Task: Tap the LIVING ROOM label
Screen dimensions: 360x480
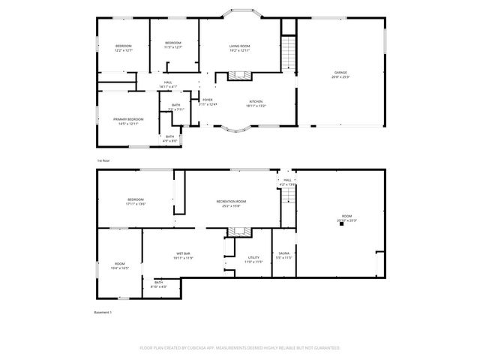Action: pos(239,46)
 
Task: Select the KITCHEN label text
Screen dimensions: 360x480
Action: pos(256,101)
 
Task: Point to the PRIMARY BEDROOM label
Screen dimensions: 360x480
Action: pos(129,119)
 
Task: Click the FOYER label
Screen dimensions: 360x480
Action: pos(207,100)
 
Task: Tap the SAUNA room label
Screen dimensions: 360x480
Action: pos(284,253)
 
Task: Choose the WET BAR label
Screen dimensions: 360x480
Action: pos(184,253)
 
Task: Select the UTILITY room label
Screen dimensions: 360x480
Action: pos(253,258)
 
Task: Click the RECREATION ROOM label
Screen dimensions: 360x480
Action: pos(231,202)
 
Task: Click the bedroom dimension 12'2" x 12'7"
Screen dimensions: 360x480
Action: pos(124,50)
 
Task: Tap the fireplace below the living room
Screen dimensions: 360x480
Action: pos(239,75)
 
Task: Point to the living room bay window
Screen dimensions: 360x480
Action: pos(241,13)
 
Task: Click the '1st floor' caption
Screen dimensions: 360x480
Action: pos(103,160)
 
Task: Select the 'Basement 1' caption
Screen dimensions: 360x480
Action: pos(102,312)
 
